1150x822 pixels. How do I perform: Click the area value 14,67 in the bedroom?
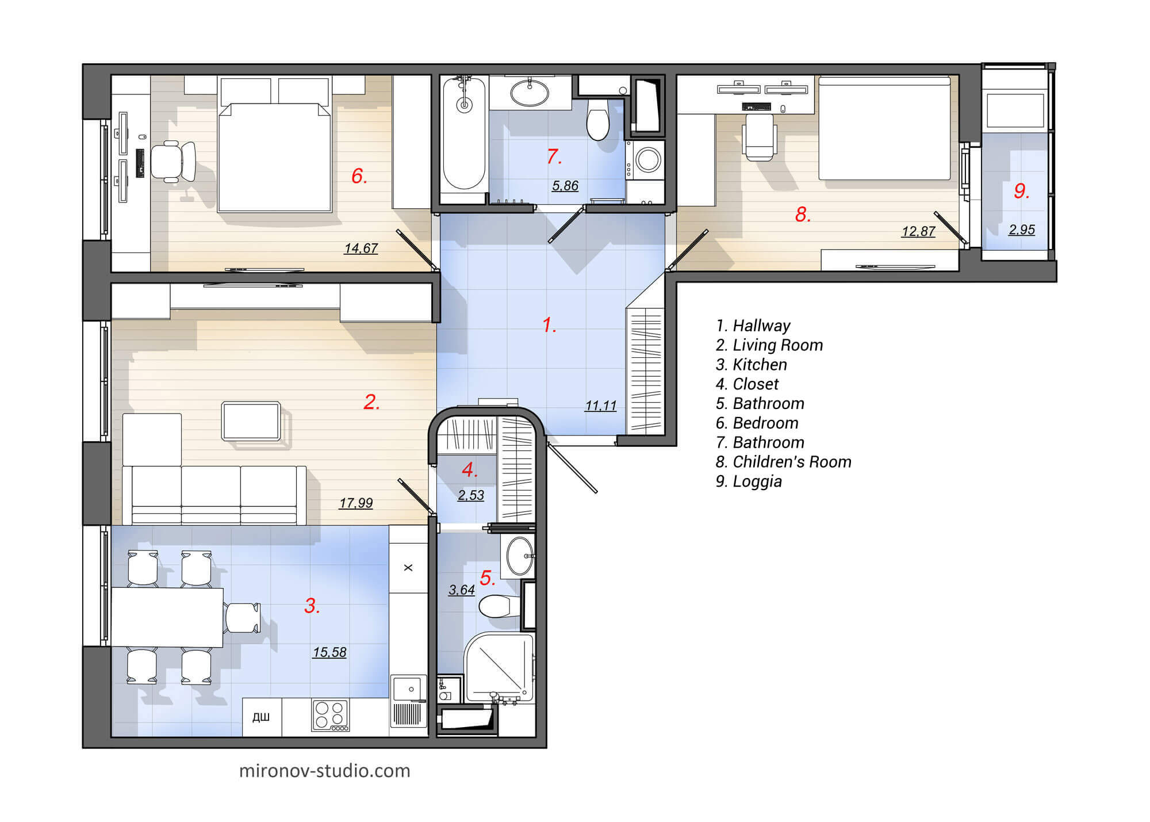tap(361, 248)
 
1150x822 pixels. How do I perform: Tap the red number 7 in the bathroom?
tap(553, 156)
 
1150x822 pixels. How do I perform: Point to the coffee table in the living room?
tap(251, 421)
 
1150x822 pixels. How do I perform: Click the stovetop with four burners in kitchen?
tap(330, 715)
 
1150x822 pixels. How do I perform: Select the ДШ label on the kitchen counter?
tap(261, 717)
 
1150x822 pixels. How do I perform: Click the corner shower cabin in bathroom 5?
tap(499, 667)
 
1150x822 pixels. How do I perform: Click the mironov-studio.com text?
tap(324, 771)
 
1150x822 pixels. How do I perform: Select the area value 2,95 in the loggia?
tap(1021, 230)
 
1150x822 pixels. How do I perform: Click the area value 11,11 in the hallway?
tap(600, 406)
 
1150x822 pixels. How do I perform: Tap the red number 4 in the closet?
tap(469, 469)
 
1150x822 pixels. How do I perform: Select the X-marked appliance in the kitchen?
tap(408, 568)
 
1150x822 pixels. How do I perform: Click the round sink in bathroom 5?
tap(519, 556)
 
